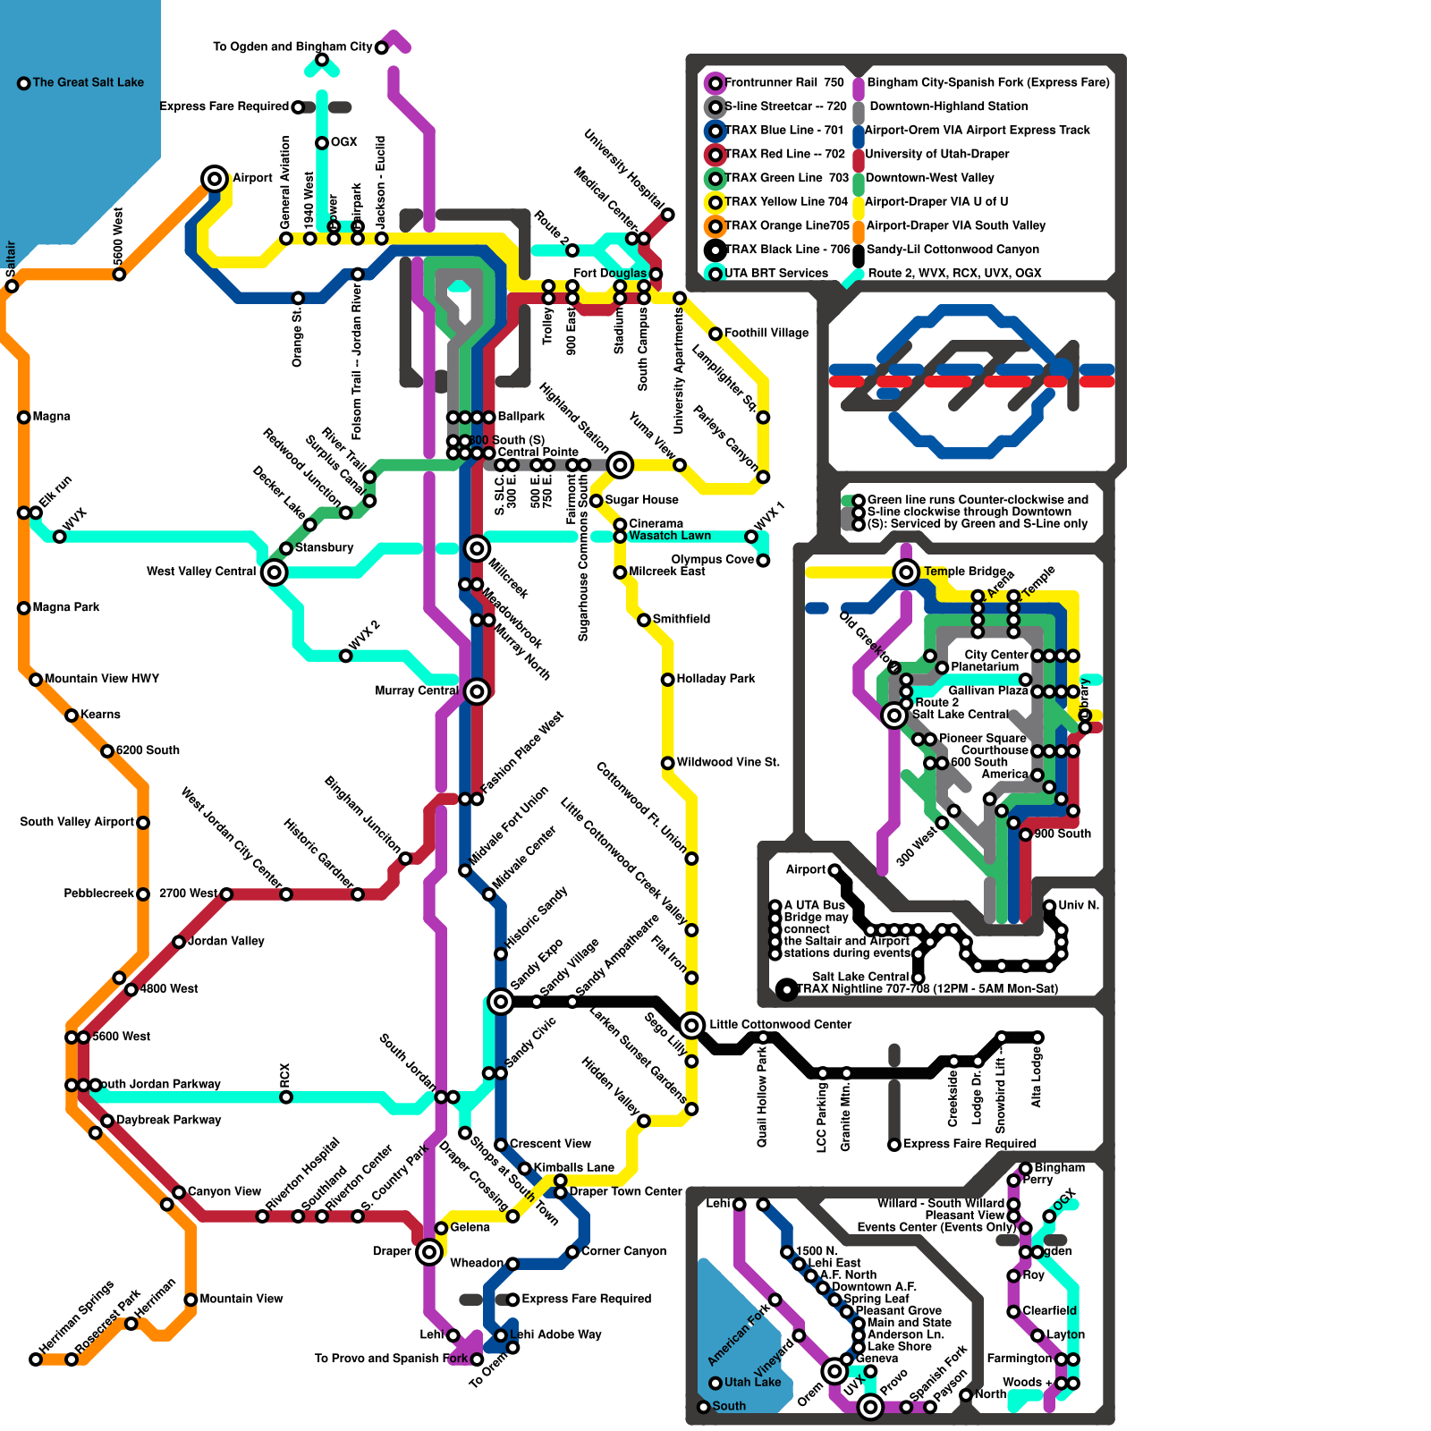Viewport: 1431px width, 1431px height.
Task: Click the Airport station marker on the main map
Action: (214, 178)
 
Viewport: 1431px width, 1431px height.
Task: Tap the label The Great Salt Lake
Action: (88, 82)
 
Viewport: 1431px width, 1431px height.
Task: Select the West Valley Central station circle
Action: (275, 572)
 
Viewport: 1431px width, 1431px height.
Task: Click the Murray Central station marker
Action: (477, 690)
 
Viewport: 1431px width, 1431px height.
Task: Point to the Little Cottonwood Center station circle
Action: (691, 1025)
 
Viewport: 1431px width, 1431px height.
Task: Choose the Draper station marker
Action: (429, 1251)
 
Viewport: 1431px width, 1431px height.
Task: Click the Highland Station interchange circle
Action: (620, 464)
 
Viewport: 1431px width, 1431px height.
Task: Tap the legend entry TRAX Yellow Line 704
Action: (785, 202)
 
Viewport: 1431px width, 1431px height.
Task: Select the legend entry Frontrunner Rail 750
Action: (783, 82)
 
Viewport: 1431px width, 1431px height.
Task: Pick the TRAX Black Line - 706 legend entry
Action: (787, 250)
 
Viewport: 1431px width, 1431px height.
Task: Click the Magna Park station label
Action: (66, 607)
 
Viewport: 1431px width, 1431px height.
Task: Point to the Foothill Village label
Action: (766, 333)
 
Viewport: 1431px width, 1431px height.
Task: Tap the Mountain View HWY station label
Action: (101, 679)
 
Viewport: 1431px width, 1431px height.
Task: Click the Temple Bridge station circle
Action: (906, 572)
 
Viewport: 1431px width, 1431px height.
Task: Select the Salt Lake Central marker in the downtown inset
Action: (893, 715)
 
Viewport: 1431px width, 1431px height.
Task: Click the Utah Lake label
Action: (752, 1382)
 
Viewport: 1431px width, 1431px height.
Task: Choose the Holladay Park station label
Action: (715, 679)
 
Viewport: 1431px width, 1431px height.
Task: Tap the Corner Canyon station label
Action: (623, 1251)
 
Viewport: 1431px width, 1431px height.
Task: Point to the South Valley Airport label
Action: (77, 822)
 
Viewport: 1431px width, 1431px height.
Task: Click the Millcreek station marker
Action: (477, 547)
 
